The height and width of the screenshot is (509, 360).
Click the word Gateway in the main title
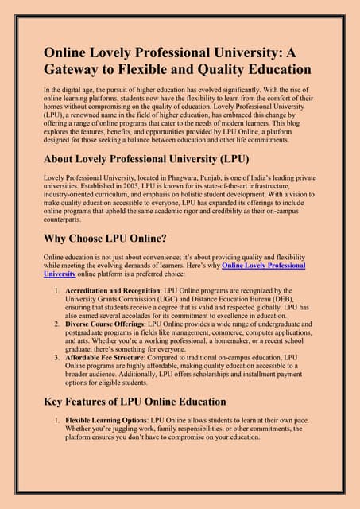tap(71, 69)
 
